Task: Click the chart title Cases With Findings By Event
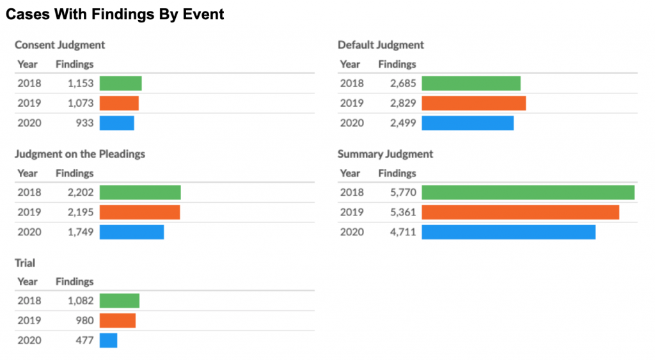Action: (115, 14)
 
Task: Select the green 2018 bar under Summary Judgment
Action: (528, 192)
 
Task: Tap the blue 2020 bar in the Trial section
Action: (108, 340)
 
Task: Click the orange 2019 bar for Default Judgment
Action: (473, 104)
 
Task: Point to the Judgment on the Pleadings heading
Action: (80, 154)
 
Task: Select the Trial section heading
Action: (26, 263)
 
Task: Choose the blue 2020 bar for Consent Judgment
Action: (116, 123)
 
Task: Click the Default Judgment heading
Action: (381, 45)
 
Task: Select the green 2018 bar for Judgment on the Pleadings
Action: (140, 192)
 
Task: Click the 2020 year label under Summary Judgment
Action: (351, 232)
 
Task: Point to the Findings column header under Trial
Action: (74, 282)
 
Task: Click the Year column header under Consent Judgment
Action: (28, 64)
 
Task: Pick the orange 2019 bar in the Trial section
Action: (118, 320)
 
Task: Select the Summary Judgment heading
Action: (385, 154)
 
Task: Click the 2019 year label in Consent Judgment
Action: (29, 104)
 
